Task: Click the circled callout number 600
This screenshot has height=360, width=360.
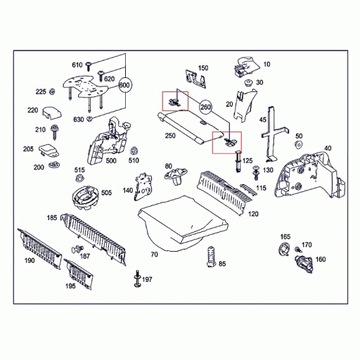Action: pyautogui.click(x=124, y=86)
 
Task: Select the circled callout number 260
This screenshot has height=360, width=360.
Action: pyautogui.click(x=207, y=105)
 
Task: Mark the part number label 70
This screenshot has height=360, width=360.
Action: pyautogui.click(x=155, y=256)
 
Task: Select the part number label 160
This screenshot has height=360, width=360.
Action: pyautogui.click(x=320, y=260)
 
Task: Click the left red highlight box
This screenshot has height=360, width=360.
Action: pyautogui.click(x=174, y=100)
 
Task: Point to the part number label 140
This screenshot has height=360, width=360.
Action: pyautogui.click(x=127, y=189)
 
